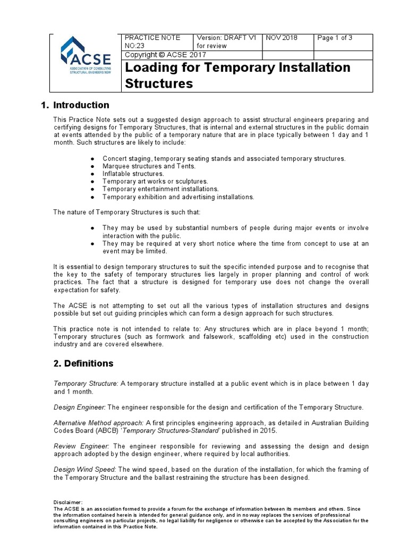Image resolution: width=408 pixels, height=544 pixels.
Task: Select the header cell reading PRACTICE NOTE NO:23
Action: pos(152,41)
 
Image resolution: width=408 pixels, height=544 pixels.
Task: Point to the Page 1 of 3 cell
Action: pos(335,38)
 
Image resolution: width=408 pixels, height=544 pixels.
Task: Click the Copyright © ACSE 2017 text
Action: pos(158,55)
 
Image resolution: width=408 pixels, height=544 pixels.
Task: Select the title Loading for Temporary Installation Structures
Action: pos(237,75)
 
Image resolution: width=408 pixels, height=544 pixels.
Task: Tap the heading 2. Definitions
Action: pos(83,363)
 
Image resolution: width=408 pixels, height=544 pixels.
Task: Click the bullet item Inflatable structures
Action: pos(133,174)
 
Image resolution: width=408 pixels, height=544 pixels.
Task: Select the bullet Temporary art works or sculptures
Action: pos(155,181)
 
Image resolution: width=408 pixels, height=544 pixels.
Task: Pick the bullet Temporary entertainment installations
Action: pos(160,189)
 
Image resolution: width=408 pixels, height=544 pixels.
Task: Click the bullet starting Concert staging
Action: pos(224,159)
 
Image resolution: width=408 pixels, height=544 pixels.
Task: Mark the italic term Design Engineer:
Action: pos(80,407)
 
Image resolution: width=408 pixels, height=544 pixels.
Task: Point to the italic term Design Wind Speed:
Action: pos(85,470)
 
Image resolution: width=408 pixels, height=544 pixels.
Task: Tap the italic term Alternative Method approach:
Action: pos(98,423)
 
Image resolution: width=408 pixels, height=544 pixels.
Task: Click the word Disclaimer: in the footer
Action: pos(69,502)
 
